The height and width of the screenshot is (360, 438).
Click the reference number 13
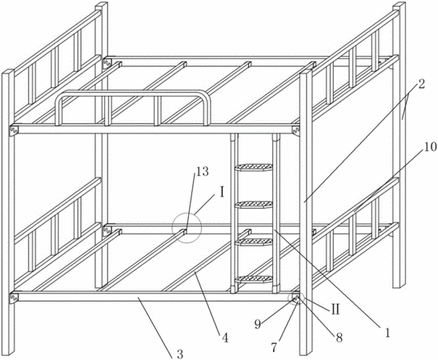203,172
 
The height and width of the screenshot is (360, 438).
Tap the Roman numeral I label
222,192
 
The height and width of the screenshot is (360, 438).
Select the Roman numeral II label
335,310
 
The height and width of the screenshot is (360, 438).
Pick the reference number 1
388,333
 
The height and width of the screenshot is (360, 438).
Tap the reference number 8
340,338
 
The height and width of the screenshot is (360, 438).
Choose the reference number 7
274,347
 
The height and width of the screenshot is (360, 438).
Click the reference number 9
258,324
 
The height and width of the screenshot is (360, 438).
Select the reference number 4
225,338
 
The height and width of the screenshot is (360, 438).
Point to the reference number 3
180,354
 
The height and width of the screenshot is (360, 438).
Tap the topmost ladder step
254,167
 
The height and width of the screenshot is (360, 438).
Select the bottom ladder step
254,279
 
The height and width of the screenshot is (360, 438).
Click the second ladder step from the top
254,205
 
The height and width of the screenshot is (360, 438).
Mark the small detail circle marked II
295,299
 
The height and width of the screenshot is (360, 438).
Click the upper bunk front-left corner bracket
14,130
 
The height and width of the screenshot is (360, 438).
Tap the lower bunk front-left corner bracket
14,298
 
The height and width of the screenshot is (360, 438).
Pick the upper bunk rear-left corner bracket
107,63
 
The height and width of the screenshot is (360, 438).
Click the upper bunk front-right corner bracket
295,130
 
